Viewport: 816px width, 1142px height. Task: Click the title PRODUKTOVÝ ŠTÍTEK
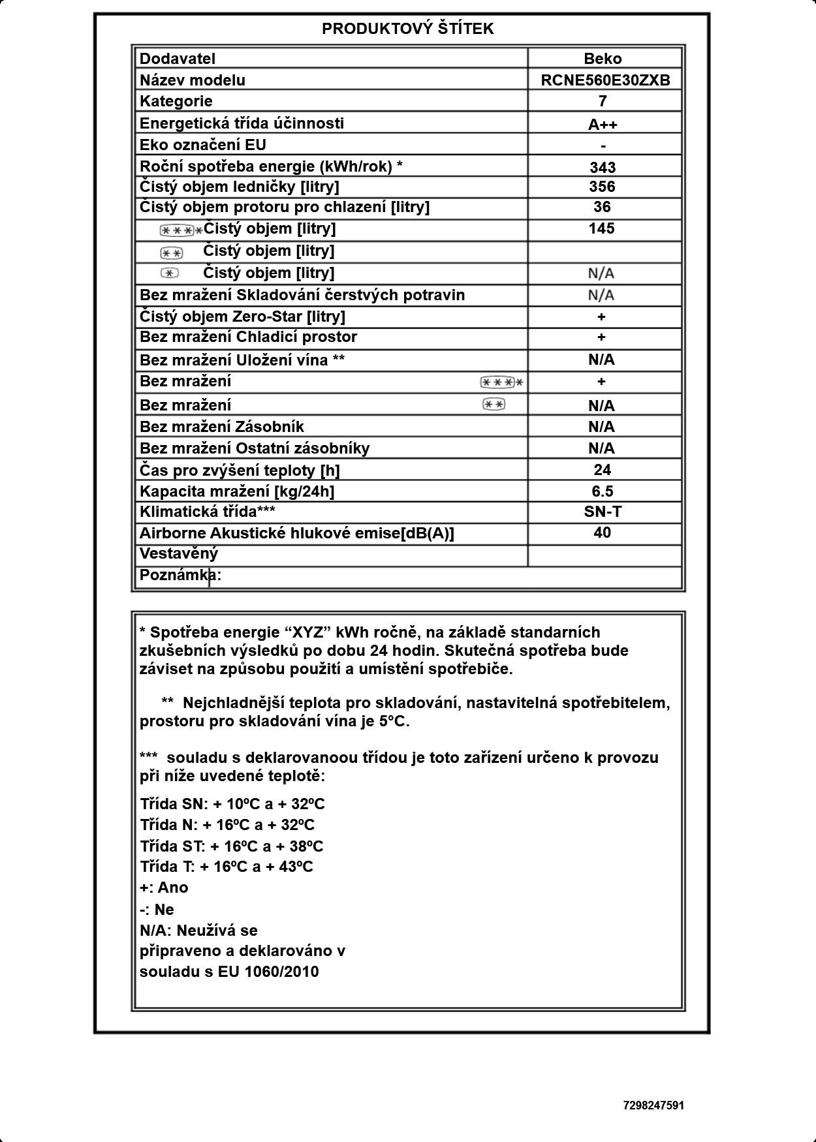click(x=407, y=29)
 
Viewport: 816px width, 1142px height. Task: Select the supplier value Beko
click(x=603, y=59)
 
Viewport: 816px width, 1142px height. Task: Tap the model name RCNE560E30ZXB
click(x=605, y=80)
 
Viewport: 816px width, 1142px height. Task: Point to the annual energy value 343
click(x=603, y=167)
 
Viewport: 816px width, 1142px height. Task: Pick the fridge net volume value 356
click(x=602, y=187)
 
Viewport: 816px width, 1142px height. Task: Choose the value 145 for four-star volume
click(x=601, y=228)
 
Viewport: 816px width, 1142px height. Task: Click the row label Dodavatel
click(x=177, y=59)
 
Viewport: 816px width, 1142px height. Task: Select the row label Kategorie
click(x=176, y=101)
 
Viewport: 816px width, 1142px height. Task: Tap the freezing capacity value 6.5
click(x=602, y=491)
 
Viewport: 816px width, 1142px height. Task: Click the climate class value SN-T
click(x=603, y=512)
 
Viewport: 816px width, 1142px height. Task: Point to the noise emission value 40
click(x=602, y=532)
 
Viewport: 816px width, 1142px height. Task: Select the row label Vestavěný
click(x=178, y=554)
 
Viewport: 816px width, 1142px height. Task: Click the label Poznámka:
click(x=180, y=575)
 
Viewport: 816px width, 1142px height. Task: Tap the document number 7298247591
click(x=653, y=1105)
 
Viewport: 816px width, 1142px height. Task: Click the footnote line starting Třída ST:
click(x=231, y=846)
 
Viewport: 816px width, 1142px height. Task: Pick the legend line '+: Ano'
click(x=164, y=887)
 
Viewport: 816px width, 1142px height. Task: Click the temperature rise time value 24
click(x=602, y=470)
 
